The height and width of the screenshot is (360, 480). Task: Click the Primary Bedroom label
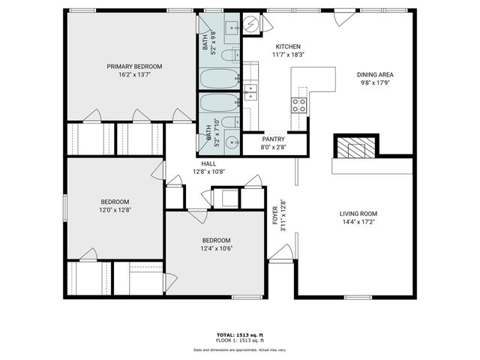pyautogui.click(x=134, y=66)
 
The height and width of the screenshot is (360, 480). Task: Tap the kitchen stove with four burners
pyautogui.click(x=299, y=104)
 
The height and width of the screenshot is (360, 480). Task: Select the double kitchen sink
pyautogui.click(x=251, y=92)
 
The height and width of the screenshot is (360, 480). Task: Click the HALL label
pyautogui.click(x=208, y=163)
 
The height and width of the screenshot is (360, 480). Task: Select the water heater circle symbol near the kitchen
pyautogui.click(x=251, y=25)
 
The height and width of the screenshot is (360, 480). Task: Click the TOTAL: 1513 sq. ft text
pyautogui.click(x=239, y=334)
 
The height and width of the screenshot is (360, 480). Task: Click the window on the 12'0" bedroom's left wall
pyautogui.click(x=64, y=207)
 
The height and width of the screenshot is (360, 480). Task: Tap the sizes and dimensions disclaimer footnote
pyautogui.click(x=239, y=349)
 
